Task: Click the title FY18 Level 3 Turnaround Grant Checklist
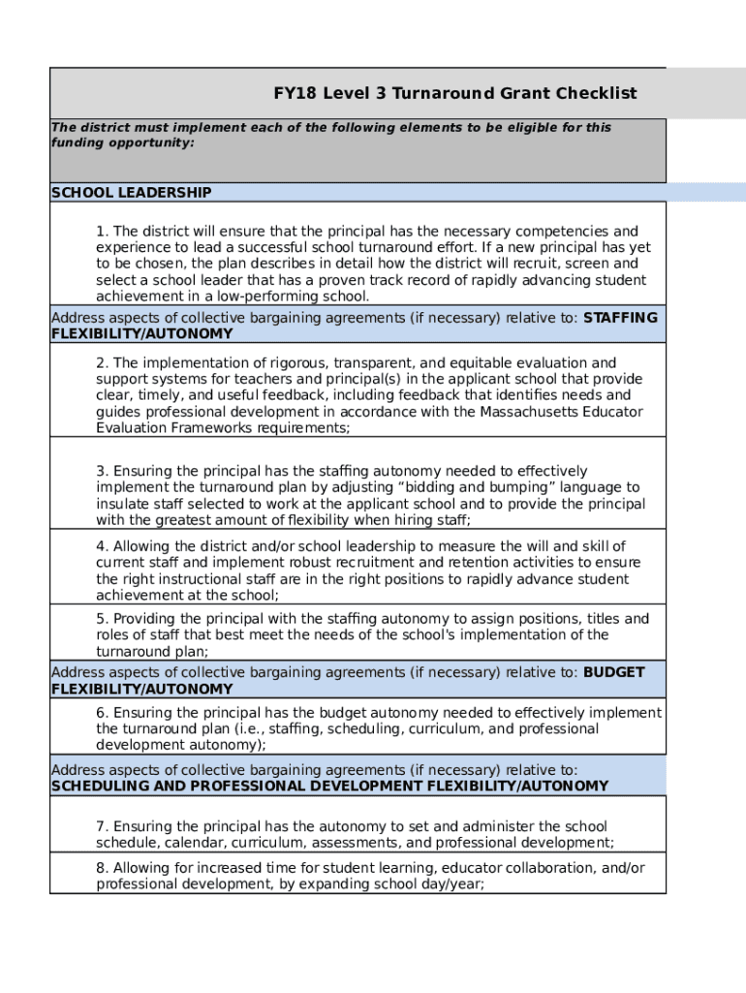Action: tap(454, 93)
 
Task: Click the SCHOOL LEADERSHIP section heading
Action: tap(131, 193)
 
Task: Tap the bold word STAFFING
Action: tap(620, 318)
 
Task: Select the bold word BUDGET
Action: tap(613, 672)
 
